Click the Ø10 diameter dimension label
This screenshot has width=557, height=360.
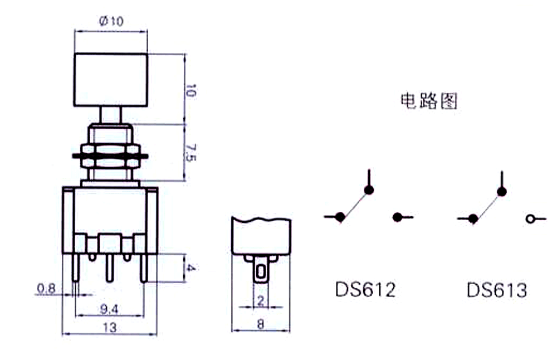coord(111,21)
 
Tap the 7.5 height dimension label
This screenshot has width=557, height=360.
coord(190,153)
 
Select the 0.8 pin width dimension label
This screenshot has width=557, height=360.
coord(46,288)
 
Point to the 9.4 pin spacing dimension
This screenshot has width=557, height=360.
coord(109,309)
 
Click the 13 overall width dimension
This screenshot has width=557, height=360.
coord(109,327)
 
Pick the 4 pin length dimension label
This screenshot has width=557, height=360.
coord(190,267)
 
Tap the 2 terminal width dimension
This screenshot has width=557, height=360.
coord(261,301)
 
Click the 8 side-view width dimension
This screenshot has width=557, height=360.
coord(260,324)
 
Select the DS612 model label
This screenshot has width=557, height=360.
coord(365,289)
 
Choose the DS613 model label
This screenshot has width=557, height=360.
coord(497,290)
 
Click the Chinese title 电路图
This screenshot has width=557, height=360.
coord(429,101)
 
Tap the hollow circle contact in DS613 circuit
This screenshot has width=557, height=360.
coord(530,219)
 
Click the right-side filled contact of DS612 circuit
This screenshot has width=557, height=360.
coord(398,217)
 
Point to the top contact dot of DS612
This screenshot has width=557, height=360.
coord(369,190)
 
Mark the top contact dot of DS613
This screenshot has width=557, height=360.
coord(502,192)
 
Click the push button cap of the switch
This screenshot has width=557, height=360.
coord(111,80)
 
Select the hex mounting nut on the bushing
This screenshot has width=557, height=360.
coord(110,155)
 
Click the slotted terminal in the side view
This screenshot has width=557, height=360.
coord(261,272)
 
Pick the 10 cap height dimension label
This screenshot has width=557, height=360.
coord(190,90)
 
